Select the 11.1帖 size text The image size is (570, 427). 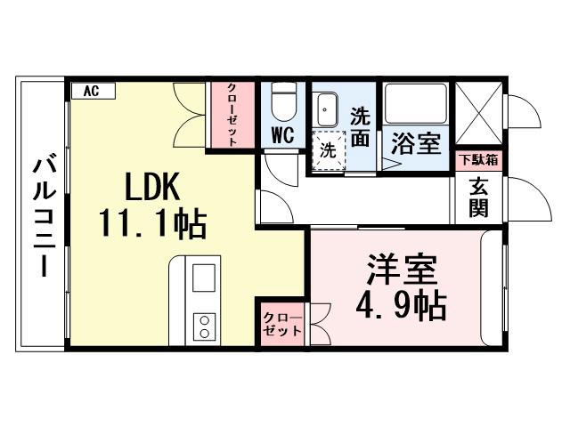coord(152,224)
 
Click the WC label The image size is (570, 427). coord(283,136)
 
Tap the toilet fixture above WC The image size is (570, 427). coord(283,103)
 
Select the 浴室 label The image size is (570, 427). coord(416,145)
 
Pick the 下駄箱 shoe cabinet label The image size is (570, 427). coord(478,161)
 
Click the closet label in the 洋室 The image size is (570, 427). coord(282,324)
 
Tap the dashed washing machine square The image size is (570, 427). coord(328,149)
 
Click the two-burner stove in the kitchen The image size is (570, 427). coord(204,326)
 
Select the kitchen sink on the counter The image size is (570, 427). coord(204,278)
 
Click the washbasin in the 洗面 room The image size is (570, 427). coord(327,109)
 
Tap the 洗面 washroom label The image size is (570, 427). coord(360,126)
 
